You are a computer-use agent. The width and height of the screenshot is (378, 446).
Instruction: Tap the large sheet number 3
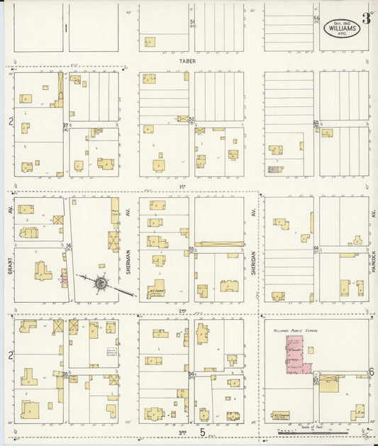point(366,18)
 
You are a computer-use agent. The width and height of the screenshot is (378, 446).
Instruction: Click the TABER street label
point(187,62)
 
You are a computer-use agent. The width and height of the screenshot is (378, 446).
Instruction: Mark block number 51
point(191,23)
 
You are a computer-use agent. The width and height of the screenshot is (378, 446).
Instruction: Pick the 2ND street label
point(182,311)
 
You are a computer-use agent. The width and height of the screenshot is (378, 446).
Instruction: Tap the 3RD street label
point(182,431)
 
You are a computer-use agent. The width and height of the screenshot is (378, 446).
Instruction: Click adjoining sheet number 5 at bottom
point(202,431)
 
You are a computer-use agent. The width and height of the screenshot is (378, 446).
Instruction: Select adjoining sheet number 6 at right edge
point(371,372)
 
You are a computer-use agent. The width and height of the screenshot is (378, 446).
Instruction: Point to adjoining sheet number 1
point(65,28)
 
